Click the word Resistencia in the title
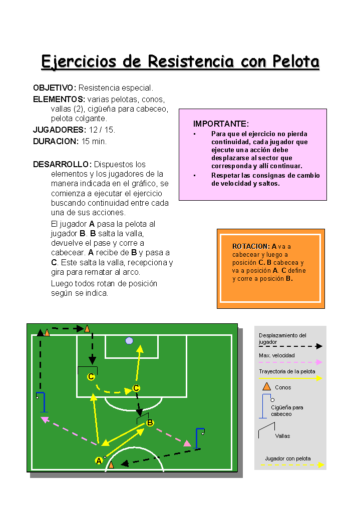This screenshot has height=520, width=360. [191, 62]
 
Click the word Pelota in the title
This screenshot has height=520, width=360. [295, 62]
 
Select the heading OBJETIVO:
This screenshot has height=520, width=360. [55, 88]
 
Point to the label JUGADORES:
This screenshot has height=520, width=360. [60, 130]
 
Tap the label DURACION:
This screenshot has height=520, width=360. [56, 141]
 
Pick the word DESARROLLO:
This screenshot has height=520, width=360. [63, 165]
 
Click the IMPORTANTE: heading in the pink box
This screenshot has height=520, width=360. [221, 124]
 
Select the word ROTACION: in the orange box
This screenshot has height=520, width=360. [251, 246]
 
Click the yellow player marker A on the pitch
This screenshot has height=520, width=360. [99, 460]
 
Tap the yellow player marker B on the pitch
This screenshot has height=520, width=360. [150, 423]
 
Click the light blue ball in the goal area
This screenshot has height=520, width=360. [129, 341]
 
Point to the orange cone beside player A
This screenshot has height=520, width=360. [111, 464]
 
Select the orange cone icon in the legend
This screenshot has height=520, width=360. [267, 386]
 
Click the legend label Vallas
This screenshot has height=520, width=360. [282, 436]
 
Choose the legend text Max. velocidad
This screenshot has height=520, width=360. [277, 355]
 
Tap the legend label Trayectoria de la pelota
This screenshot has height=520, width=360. [287, 371]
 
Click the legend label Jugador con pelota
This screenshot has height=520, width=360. [288, 458]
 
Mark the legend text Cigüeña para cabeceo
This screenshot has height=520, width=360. [287, 410]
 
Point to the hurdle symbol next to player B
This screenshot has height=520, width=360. [142, 418]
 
